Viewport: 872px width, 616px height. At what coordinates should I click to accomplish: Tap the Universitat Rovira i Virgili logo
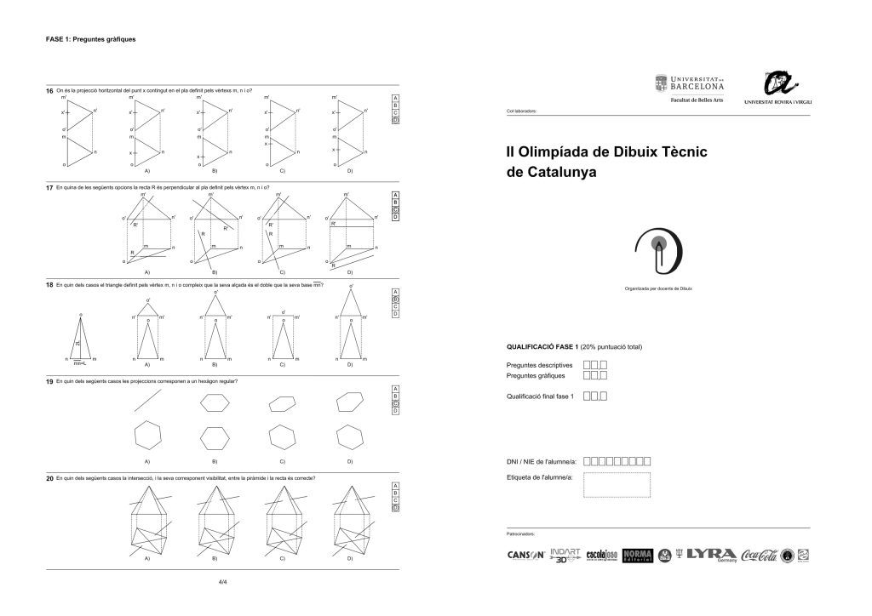(777, 88)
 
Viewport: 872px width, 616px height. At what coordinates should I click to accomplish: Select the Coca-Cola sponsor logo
(759, 555)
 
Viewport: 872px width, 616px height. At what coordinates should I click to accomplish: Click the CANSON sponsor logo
(525, 556)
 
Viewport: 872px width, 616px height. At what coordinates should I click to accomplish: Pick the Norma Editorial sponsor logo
(637, 555)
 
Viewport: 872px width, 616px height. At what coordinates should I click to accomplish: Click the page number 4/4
(222, 583)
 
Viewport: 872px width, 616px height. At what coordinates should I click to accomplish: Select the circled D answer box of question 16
(395, 120)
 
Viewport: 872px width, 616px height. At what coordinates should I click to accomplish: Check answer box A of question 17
(395, 195)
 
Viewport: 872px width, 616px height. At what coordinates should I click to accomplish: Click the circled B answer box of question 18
(395, 299)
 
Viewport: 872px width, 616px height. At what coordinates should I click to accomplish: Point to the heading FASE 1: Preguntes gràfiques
(90, 39)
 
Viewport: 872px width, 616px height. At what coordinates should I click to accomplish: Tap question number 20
(49, 478)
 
